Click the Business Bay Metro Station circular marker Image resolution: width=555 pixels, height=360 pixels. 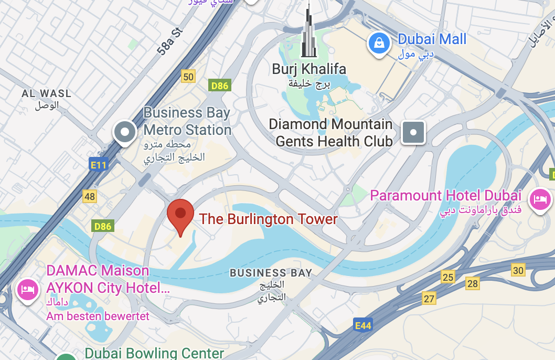(125, 132)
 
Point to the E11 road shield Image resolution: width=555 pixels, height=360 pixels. (98, 165)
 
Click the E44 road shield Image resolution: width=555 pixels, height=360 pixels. (362, 326)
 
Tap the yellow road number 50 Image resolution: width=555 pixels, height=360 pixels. (188, 77)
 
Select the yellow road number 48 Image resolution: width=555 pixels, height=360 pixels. (90, 196)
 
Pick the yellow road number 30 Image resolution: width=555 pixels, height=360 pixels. (518, 270)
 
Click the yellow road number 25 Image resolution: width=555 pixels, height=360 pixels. (447, 277)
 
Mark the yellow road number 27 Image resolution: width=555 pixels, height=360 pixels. (430, 299)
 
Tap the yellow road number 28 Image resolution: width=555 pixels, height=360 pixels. (473, 284)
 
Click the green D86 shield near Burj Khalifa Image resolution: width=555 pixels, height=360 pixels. (219, 85)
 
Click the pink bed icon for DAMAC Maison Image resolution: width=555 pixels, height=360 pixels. (27, 289)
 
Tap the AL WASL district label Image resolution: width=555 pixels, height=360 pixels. (46, 94)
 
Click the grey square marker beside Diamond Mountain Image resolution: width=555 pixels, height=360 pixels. (413, 132)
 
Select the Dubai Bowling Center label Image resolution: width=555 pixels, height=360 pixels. (154, 353)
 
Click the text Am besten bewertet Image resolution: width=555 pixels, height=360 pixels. (98, 316)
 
